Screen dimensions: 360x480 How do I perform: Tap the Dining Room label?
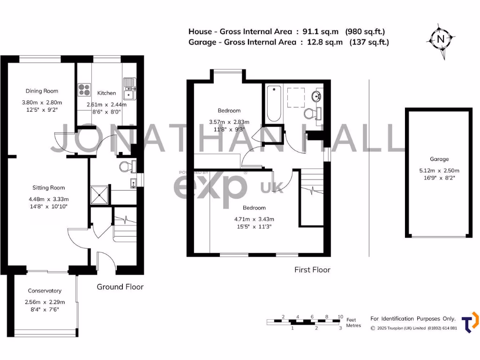[x=42, y=91]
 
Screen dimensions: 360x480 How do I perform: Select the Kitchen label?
[x=106, y=93]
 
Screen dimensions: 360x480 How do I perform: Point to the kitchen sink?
[x=129, y=90]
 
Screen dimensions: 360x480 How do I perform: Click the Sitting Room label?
[x=48, y=188]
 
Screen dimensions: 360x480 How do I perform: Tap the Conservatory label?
[x=45, y=291]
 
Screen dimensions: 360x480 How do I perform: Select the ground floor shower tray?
[x=99, y=194]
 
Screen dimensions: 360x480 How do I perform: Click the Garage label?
[x=439, y=159]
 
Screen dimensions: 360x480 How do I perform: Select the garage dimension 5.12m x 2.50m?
[x=439, y=171]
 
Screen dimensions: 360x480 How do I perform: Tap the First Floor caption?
[x=312, y=270]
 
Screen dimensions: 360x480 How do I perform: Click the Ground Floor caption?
[x=120, y=287]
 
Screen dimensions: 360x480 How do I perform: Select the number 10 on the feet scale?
[x=340, y=316]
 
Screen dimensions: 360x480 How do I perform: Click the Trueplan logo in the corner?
[x=470, y=322]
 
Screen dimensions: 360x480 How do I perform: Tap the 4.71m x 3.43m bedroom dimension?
[x=254, y=219]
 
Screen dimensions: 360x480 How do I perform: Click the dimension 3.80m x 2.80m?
[x=42, y=102]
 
